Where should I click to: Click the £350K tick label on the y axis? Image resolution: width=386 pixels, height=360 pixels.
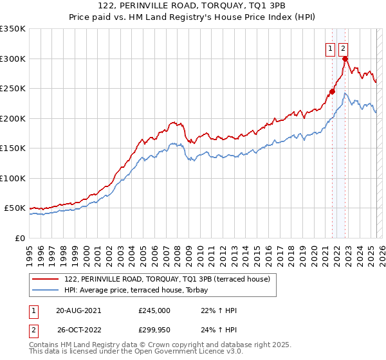pyautogui.click(x=12, y=29)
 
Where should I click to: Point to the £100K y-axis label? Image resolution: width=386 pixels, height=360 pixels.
pyautogui.click(x=12, y=178)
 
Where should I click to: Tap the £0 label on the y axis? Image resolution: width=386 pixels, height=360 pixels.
pyautogui.click(x=19, y=238)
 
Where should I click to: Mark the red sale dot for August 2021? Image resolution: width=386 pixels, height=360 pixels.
pyautogui.click(x=333, y=91)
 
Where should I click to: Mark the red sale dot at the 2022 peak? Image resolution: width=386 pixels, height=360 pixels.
pyautogui.click(x=345, y=59)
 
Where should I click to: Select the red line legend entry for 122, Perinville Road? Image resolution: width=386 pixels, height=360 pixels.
pyautogui.click(x=170, y=279)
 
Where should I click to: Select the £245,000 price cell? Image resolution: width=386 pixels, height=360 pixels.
pyautogui.click(x=154, y=310)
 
